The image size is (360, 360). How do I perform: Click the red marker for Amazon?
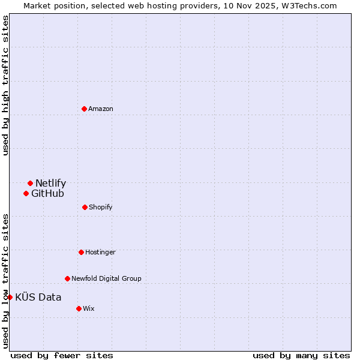click(84, 109)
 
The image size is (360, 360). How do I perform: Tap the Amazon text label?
click(100, 109)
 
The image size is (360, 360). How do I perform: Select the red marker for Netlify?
click(30, 183)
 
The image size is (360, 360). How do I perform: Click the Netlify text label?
click(50, 184)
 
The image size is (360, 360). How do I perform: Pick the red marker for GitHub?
click(26, 193)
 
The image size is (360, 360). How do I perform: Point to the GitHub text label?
click(47, 193)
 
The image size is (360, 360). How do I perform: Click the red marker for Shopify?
click(85, 207)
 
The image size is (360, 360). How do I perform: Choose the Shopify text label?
click(100, 208)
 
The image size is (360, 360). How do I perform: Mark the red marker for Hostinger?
click(81, 252)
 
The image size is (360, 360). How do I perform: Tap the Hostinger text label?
click(100, 253)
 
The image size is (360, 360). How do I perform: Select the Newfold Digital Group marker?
click(67, 278)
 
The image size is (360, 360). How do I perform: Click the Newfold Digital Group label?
click(106, 279)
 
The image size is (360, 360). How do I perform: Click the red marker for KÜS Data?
click(10, 297)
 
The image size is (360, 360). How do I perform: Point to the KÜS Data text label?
click(38, 297)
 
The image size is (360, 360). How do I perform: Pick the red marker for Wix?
click(79, 308)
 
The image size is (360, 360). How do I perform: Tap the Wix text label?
click(88, 309)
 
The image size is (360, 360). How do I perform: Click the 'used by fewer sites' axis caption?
click(62, 355)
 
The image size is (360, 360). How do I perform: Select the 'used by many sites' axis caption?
click(301, 355)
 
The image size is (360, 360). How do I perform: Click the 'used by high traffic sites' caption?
click(5, 85)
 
